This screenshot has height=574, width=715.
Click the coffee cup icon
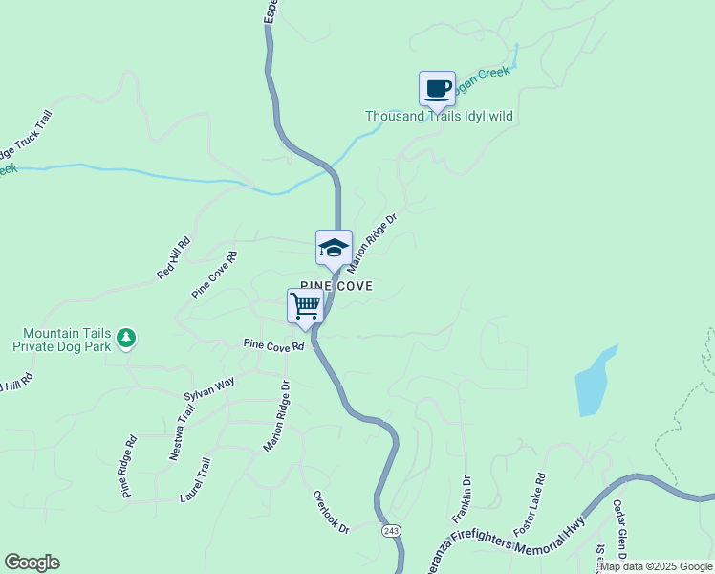click(x=438, y=89)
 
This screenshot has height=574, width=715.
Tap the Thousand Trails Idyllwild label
click(x=440, y=117)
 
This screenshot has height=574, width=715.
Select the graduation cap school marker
click(x=334, y=248)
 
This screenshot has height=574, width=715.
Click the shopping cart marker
click(x=305, y=306)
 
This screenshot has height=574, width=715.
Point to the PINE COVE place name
click(x=336, y=286)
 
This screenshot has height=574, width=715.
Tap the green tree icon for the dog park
click(x=125, y=339)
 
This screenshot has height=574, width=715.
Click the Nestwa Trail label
click(x=182, y=432)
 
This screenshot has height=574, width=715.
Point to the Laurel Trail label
click(x=194, y=480)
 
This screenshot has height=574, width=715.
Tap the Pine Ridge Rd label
click(x=129, y=467)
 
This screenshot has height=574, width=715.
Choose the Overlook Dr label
click(x=332, y=512)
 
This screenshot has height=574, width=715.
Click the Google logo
click(x=32, y=563)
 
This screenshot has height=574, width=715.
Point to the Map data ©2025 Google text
click(x=656, y=566)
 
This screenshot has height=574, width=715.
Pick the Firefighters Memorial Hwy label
click(x=516, y=543)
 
